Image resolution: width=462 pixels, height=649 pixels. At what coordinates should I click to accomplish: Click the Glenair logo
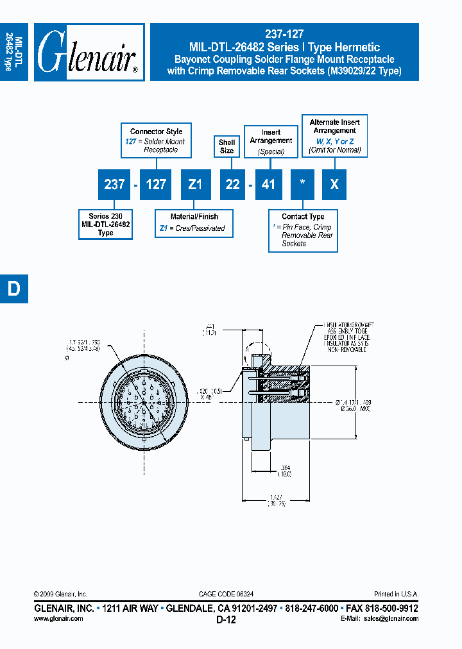[x=89, y=52]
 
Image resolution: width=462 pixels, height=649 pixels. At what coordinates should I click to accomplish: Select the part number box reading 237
[x=114, y=185]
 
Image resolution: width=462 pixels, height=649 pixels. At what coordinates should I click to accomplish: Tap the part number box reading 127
[x=156, y=185]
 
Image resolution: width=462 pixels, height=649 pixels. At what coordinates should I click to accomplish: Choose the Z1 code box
[x=195, y=185]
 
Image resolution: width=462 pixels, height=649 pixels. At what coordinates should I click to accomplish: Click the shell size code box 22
[x=232, y=185]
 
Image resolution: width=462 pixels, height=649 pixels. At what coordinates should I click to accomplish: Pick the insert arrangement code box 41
[x=268, y=185]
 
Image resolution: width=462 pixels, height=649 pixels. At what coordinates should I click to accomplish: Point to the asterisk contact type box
[x=303, y=185]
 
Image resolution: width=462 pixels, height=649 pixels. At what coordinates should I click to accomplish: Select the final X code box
[x=334, y=185]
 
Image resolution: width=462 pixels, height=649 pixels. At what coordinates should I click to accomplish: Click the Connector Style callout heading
[x=156, y=131]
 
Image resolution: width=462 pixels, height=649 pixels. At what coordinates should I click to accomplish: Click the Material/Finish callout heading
[x=194, y=217]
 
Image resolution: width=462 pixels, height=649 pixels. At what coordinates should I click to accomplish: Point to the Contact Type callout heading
[x=303, y=217]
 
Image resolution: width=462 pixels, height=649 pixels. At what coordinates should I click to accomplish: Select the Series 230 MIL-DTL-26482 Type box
[x=105, y=224]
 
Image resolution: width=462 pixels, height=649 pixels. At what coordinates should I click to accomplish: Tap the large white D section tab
[x=13, y=289]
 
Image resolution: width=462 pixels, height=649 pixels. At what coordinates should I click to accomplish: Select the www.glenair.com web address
[x=58, y=618]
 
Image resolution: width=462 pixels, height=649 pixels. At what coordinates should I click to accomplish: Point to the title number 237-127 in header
[x=284, y=35]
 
